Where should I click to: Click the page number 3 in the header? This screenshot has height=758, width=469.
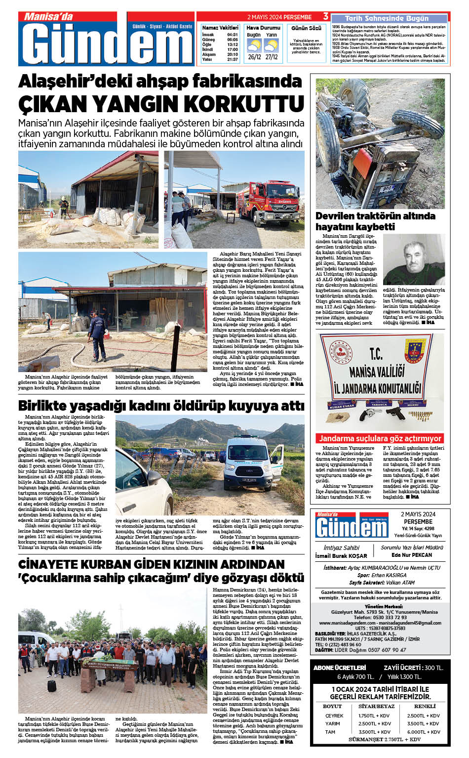coord(325,17)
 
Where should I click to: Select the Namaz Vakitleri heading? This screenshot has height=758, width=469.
coord(220,28)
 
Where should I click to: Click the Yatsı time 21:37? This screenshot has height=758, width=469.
coord(232,59)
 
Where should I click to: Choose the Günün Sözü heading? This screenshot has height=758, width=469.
coord(306,28)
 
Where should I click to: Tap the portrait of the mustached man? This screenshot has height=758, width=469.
coord(414,259)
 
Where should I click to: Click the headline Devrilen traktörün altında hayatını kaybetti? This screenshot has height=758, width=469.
coord(375,221)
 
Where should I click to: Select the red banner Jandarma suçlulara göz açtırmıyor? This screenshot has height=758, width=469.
coord(380,438)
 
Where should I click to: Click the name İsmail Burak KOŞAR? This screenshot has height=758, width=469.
coord(341,556)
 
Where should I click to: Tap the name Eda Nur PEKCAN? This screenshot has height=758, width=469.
coord(412,555)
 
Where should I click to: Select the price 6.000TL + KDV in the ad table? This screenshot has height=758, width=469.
coord(423,732)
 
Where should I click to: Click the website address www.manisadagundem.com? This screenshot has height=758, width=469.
coord(346,623)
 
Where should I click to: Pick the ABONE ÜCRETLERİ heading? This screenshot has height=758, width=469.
coord(340,668)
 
